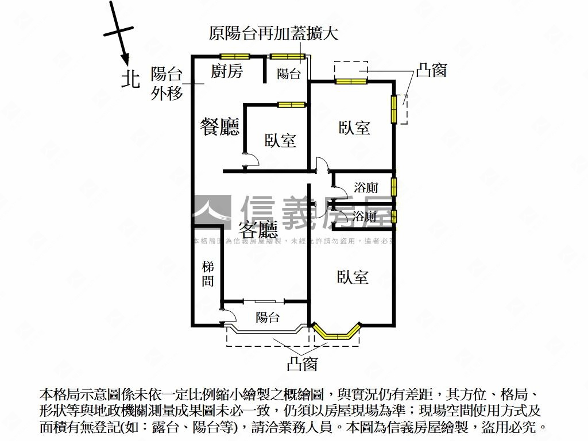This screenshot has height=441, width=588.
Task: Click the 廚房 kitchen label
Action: [x=227, y=72]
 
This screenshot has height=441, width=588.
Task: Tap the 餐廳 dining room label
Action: [x=219, y=126]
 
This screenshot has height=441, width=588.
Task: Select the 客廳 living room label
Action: [x=258, y=230]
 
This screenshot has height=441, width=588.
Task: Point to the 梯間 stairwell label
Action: [x=208, y=274]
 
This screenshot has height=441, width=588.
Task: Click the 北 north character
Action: [x=130, y=79]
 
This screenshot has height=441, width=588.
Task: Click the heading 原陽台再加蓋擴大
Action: [x=273, y=33]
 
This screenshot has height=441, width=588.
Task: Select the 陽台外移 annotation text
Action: [x=167, y=83]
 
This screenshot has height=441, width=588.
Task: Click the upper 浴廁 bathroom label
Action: [x=366, y=187]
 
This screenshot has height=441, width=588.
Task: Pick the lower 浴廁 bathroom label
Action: [x=365, y=216]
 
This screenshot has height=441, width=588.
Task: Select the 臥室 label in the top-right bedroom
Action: [x=354, y=127]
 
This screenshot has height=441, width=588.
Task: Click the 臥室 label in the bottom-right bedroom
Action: [x=353, y=277]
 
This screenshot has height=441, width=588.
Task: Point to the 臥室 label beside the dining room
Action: [x=280, y=140]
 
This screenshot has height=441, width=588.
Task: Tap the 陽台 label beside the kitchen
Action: [x=288, y=73]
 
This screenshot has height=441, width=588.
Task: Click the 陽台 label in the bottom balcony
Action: [x=268, y=316]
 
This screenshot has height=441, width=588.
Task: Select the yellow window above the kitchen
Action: [x=234, y=56]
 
